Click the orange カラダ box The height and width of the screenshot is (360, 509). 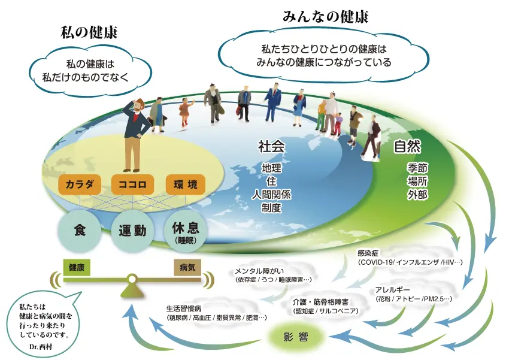80,184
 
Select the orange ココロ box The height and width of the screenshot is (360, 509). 132,184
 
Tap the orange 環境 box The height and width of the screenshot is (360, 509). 186,184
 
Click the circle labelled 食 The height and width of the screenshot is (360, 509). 80,231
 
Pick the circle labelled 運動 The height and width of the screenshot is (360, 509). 132,231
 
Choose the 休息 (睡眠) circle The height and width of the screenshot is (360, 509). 186,231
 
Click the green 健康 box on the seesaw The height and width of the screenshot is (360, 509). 77,268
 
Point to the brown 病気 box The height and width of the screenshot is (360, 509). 187,268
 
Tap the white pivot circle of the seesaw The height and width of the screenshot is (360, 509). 132,279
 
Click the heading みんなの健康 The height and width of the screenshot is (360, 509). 326,17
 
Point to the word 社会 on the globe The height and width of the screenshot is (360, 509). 271,147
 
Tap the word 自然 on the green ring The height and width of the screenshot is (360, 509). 407,147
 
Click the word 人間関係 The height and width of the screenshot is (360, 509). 271,195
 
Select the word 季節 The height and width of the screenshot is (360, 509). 417,168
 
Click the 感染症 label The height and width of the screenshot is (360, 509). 368,253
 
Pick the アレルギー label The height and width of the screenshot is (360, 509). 392,290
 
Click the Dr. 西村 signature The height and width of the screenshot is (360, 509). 41,347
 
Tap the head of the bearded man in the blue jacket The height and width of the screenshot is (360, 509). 140,105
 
